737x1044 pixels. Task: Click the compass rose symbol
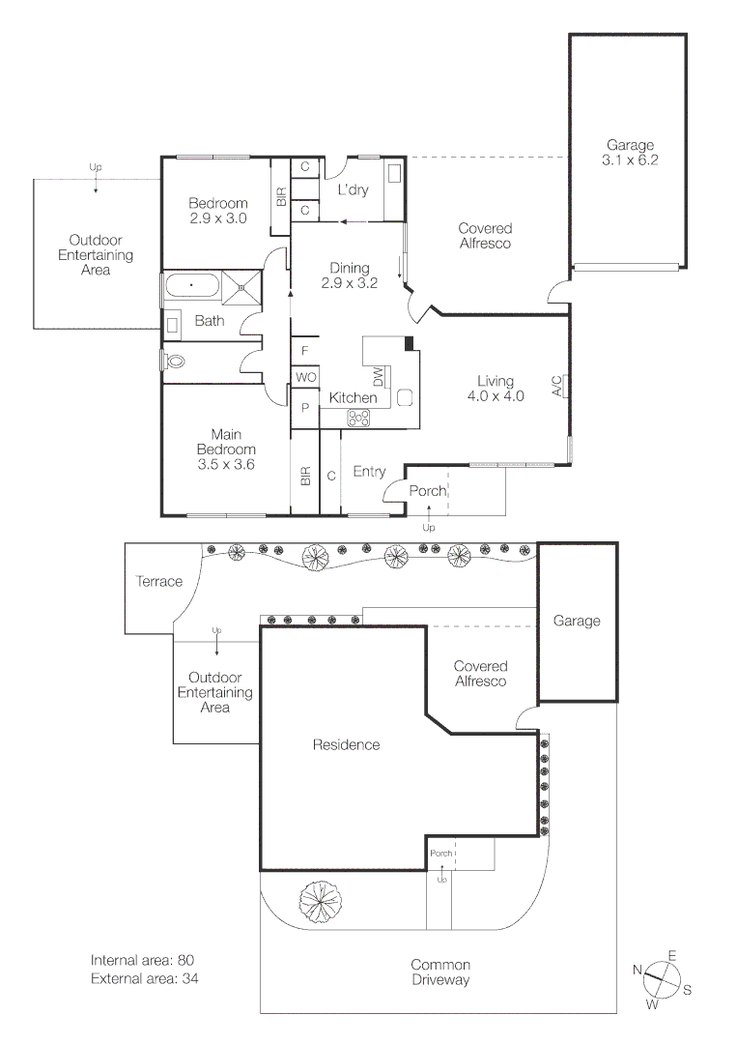tap(663, 977)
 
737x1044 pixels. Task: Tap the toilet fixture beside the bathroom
tap(174, 361)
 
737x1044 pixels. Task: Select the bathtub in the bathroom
tap(192, 286)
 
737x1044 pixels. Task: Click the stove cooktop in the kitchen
tap(359, 418)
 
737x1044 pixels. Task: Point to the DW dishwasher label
tap(379, 376)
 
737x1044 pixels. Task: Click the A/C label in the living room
tap(557, 387)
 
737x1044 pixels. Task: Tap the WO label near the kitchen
tap(305, 376)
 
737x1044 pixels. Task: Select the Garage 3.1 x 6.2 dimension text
tap(630, 154)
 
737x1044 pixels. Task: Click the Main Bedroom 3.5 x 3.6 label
tap(226, 456)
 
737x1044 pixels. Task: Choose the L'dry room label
tap(353, 190)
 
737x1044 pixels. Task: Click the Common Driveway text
tap(439, 972)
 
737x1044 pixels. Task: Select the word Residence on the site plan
tap(346, 744)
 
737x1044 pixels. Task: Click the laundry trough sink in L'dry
tap(394, 174)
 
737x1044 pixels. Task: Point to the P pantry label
tap(305, 409)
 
